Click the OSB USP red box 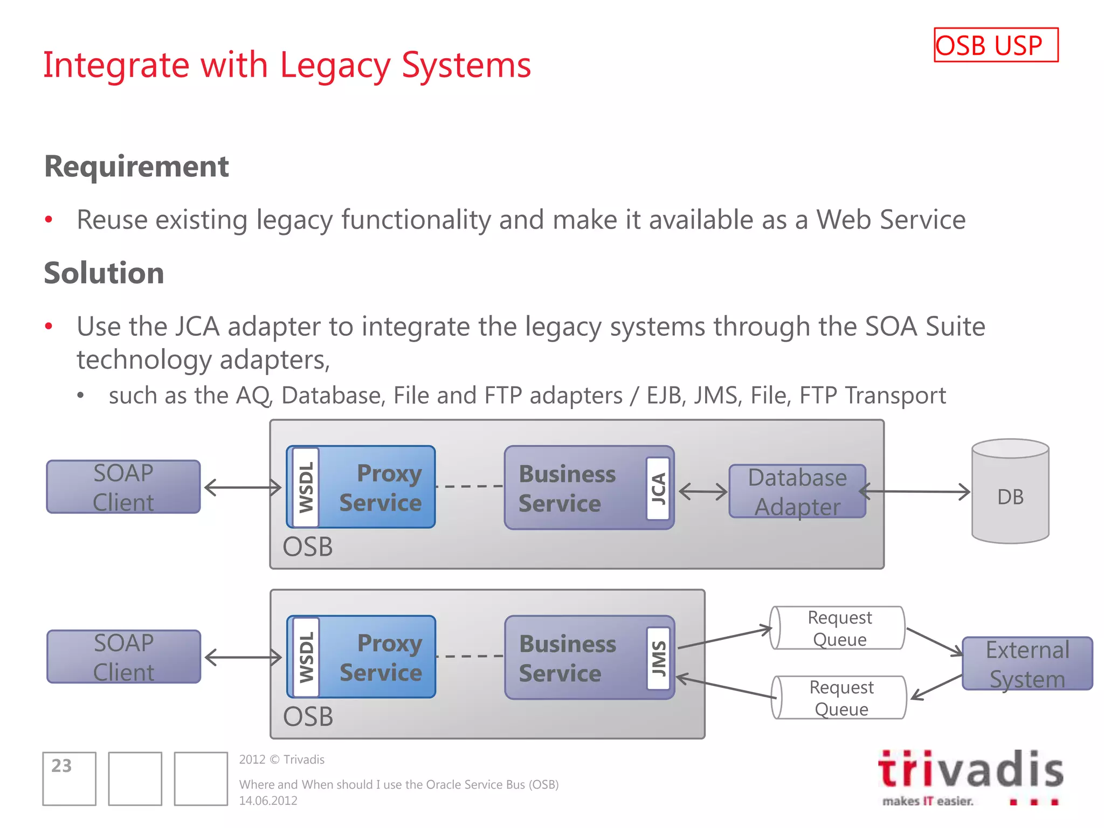click(x=996, y=45)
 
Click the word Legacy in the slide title click(x=334, y=65)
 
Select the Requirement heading click(x=136, y=166)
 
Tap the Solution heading click(x=104, y=273)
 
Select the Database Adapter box click(x=797, y=492)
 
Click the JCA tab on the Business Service click(x=658, y=488)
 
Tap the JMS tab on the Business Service click(x=658, y=658)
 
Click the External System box click(x=1027, y=664)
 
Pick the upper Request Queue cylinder click(x=839, y=628)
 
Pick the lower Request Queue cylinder click(x=841, y=698)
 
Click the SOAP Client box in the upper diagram click(x=123, y=487)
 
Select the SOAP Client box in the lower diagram click(x=123, y=657)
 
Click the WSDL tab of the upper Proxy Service click(x=306, y=487)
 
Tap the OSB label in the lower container click(x=308, y=716)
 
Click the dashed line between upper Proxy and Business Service click(x=469, y=486)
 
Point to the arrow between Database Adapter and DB click(x=916, y=492)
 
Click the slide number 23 click(x=61, y=765)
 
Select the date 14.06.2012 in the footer click(x=268, y=801)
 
